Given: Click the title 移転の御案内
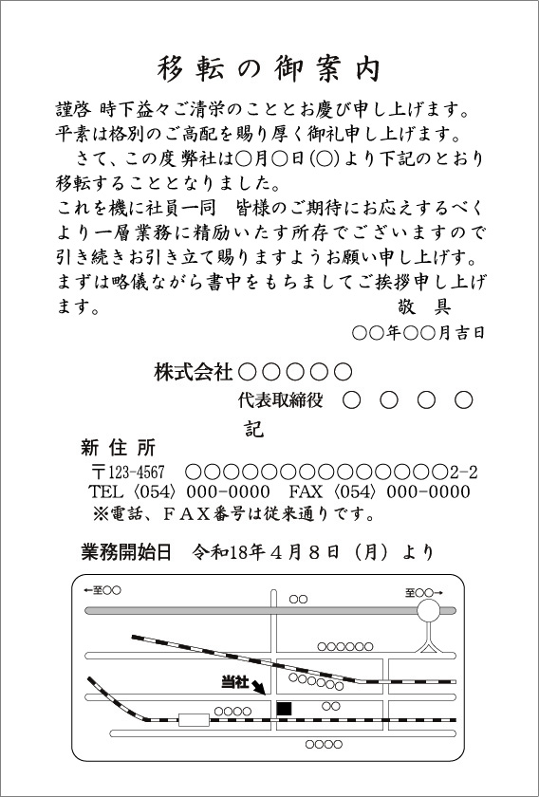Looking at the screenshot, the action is [x=269, y=69].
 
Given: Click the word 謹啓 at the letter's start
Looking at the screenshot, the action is [x=74, y=110].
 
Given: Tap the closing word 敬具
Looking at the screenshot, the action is [x=422, y=306].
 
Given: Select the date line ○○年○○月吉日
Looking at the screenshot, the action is [x=418, y=333].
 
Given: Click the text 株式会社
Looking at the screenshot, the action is [x=194, y=373].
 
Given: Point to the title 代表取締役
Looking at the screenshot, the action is [x=281, y=400].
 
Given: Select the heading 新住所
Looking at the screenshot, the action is [x=118, y=448].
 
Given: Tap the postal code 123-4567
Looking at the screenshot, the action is [x=137, y=473].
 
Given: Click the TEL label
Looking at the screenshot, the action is [x=106, y=492].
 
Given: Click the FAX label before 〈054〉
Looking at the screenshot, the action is [x=307, y=492].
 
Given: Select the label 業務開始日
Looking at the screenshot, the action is [x=126, y=552].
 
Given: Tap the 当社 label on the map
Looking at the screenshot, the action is [x=235, y=683].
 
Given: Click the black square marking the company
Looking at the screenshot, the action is [x=284, y=709].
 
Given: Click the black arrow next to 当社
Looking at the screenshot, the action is [x=259, y=688].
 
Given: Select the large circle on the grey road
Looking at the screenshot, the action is [x=429, y=610].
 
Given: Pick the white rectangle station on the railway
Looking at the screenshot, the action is [x=194, y=720].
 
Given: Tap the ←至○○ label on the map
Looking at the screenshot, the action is [x=102, y=590].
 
